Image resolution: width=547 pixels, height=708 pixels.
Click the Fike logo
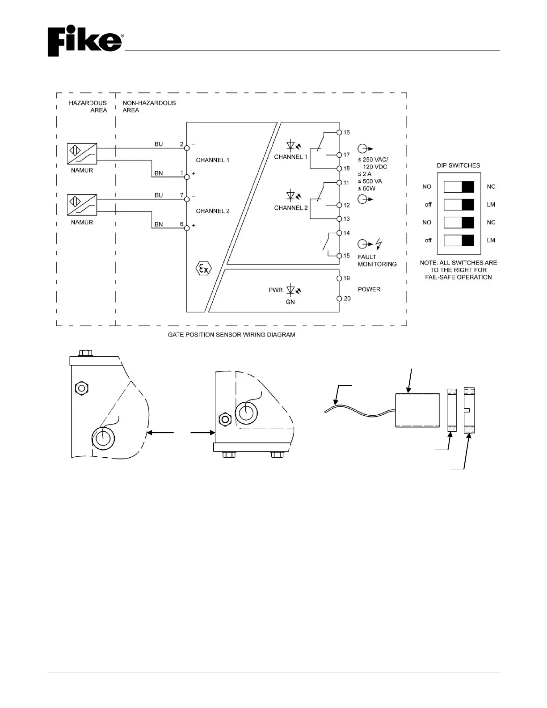pyautogui.click(x=85, y=42)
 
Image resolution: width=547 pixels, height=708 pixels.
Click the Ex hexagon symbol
pyautogui.click(x=204, y=269)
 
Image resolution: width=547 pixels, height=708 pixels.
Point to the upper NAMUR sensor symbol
pyautogui.click(x=82, y=154)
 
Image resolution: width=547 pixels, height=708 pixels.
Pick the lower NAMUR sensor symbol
pyautogui.click(x=82, y=205)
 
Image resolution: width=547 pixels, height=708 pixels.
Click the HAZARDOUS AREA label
pyautogui.click(x=88, y=106)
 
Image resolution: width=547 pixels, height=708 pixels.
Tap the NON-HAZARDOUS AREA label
pyautogui.click(x=149, y=106)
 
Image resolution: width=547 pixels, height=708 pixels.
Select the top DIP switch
pyautogui.click(x=459, y=187)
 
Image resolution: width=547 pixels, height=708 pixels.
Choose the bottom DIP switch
pyautogui.click(x=459, y=240)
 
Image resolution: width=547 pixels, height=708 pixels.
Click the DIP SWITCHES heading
pyautogui.click(x=459, y=165)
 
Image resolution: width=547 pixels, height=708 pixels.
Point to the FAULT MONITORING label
pyautogui.click(x=377, y=261)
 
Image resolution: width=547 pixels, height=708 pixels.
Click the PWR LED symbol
pyautogui.click(x=293, y=290)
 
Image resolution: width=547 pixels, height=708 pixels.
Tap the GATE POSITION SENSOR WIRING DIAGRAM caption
pyautogui.click(x=231, y=334)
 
